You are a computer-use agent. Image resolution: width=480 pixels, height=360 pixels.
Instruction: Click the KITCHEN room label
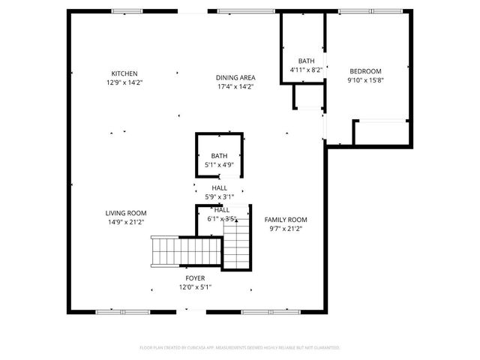click(124, 73)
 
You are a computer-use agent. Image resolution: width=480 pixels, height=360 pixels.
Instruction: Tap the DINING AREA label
click(235, 77)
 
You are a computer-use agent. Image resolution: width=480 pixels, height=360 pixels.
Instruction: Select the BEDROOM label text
click(365, 71)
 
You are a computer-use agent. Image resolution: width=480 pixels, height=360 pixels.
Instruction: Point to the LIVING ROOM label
click(125, 213)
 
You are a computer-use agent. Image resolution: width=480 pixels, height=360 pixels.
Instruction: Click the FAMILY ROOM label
click(286, 220)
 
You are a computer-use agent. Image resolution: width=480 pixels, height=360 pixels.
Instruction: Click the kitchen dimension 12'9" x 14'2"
click(124, 82)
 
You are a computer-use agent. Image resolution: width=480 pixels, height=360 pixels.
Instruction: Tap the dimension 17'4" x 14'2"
click(235, 86)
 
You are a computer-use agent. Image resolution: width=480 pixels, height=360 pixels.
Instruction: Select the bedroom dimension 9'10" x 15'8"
click(365, 80)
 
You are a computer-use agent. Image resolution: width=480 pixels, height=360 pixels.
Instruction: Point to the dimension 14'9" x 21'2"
click(125, 222)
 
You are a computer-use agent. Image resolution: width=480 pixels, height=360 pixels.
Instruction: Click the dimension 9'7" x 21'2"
click(286, 229)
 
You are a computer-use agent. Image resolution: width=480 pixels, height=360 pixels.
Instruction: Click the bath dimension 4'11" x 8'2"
click(306, 70)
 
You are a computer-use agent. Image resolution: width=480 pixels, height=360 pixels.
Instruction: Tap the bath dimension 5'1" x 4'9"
click(220, 164)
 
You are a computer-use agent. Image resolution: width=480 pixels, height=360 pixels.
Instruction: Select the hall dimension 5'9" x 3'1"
click(220, 197)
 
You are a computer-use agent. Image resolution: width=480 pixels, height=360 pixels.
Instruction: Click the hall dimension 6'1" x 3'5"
click(222, 219)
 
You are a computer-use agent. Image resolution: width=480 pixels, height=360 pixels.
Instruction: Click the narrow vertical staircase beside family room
click(235, 241)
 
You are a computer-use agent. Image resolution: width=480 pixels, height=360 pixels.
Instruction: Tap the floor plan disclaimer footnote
click(240, 348)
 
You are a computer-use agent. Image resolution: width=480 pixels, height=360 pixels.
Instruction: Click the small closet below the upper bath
click(307, 97)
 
